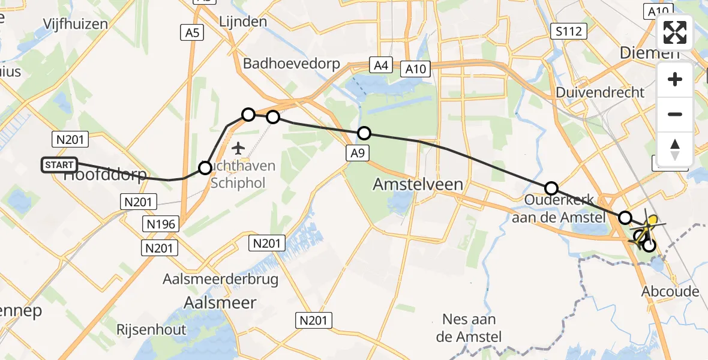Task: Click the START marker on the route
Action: (x=59, y=165)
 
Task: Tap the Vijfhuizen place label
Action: (x=76, y=24)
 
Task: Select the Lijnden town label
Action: (x=244, y=22)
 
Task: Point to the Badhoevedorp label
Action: (x=292, y=64)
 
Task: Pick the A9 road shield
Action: (x=357, y=154)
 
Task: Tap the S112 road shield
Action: (x=569, y=31)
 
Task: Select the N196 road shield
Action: (x=160, y=224)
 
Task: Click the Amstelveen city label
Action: (x=418, y=184)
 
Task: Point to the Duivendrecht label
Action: (x=600, y=92)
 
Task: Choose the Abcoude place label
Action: (x=670, y=292)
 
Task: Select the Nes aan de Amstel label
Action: (x=471, y=328)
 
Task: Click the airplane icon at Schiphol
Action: (x=239, y=147)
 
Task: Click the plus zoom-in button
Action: (x=675, y=79)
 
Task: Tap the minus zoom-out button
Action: (x=675, y=114)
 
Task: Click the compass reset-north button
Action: (x=675, y=149)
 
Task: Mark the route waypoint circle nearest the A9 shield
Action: (x=364, y=133)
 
